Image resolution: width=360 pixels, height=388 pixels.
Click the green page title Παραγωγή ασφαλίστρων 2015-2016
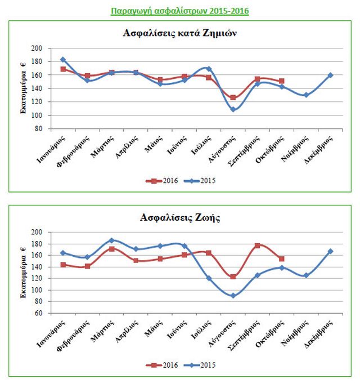click(x=179, y=11)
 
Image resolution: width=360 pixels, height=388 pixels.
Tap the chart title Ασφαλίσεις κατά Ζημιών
click(x=179, y=33)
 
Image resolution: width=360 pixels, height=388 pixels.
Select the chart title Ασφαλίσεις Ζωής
click(x=179, y=217)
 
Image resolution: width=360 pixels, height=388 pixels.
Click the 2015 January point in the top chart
click(x=63, y=60)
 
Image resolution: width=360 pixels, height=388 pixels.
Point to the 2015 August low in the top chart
click(x=233, y=109)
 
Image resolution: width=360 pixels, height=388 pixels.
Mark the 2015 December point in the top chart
click(x=330, y=75)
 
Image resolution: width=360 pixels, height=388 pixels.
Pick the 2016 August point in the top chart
click(x=233, y=97)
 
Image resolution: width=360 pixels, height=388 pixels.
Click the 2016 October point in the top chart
click(x=282, y=81)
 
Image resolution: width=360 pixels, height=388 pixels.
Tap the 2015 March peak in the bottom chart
click(x=111, y=240)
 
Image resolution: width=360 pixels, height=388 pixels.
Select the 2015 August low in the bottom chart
click(x=233, y=296)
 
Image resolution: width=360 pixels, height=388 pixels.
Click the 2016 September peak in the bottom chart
click(x=257, y=246)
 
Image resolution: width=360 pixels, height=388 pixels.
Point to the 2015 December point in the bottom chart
click(x=330, y=251)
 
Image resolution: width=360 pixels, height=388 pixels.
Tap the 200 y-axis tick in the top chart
click(x=38, y=48)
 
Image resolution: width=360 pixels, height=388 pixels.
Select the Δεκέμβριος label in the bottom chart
click(x=322, y=333)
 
